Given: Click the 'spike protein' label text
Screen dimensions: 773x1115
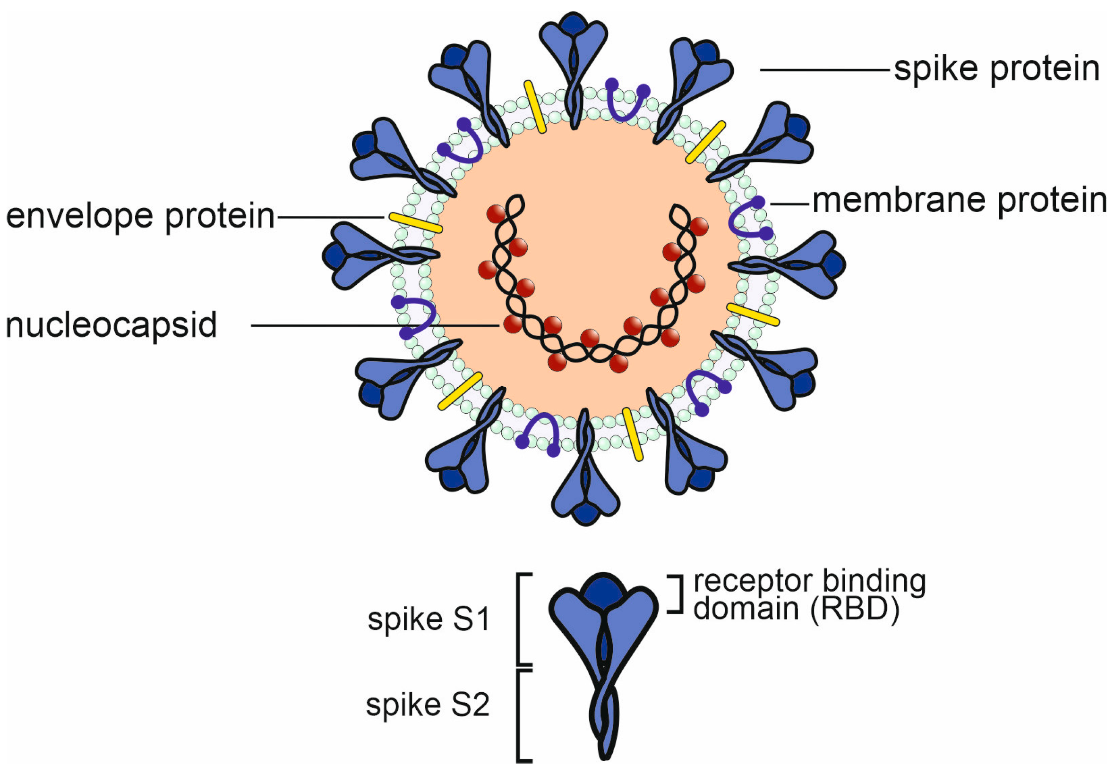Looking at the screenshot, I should point(996,69).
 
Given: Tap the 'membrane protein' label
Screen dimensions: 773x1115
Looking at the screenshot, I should point(960,201).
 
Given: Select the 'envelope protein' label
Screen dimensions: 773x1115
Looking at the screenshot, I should point(140,216).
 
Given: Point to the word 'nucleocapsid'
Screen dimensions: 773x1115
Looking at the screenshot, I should point(111,325).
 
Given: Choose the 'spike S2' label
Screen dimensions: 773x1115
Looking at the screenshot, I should point(428,705).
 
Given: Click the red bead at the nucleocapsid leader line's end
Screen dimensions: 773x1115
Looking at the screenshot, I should point(512,324).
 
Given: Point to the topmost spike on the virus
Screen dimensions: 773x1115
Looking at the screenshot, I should point(573,58).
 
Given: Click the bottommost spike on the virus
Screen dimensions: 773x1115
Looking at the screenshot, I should point(585,479).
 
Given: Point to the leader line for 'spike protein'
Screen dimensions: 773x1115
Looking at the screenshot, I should point(824,70).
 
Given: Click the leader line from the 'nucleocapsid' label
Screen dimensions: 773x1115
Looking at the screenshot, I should point(373,325).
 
